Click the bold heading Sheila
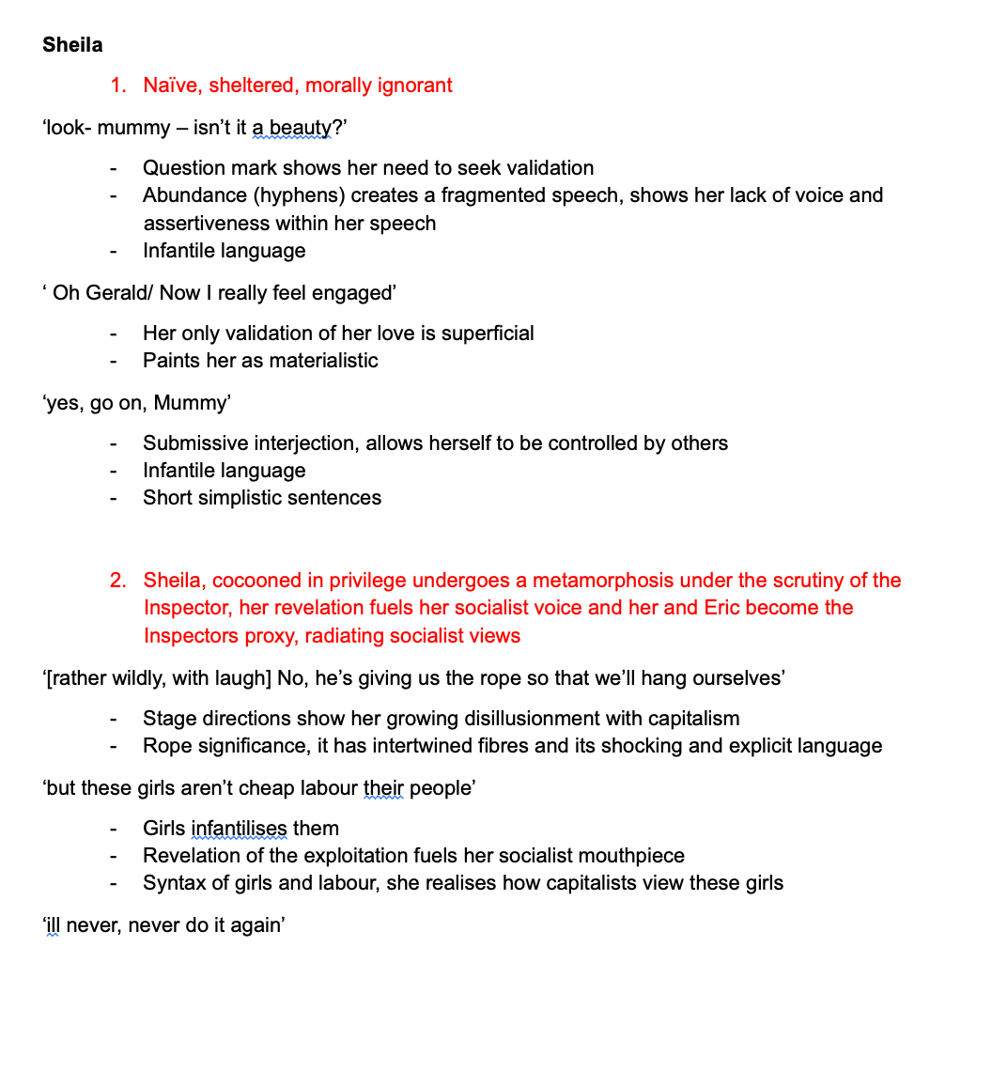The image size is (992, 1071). (x=72, y=44)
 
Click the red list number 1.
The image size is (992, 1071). (x=117, y=85)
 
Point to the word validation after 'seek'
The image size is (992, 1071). (x=549, y=168)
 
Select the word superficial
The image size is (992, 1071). (x=484, y=334)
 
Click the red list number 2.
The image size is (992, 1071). (x=117, y=581)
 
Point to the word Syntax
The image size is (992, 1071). (x=174, y=883)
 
